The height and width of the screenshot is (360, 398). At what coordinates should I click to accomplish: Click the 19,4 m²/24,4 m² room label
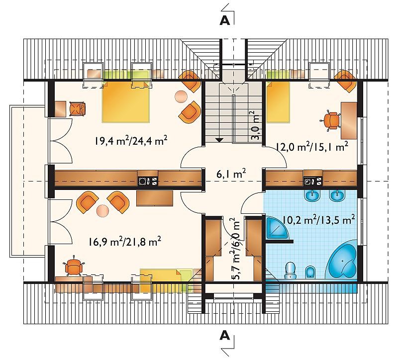pyautogui.click(x=131, y=140)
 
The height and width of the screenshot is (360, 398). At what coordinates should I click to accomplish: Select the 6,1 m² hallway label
pyautogui.click(x=231, y=175)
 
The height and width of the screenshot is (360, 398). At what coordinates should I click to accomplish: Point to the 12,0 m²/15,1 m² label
pyautogui.click(x=312, y=147)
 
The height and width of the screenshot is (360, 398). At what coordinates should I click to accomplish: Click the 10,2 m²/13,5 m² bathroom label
pyautogui.click(x=318, y=220)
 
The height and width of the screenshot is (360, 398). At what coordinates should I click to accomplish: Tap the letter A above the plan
pyautogui.click(x=225, y=20)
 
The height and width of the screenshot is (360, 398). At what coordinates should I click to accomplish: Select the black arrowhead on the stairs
pyautogui.click(x=219, y=140)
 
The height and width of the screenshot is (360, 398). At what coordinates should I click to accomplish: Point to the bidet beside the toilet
pyautogui.click(x=310, y=271)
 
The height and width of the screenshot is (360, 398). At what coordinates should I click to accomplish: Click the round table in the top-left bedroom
pyautogui.click(x=181, y=96)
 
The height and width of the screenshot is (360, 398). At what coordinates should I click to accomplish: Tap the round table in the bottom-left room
pyautogui.click(x=103, y=210)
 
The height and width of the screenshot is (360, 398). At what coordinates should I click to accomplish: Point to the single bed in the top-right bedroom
pyautogui.click(x=278, y=101)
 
